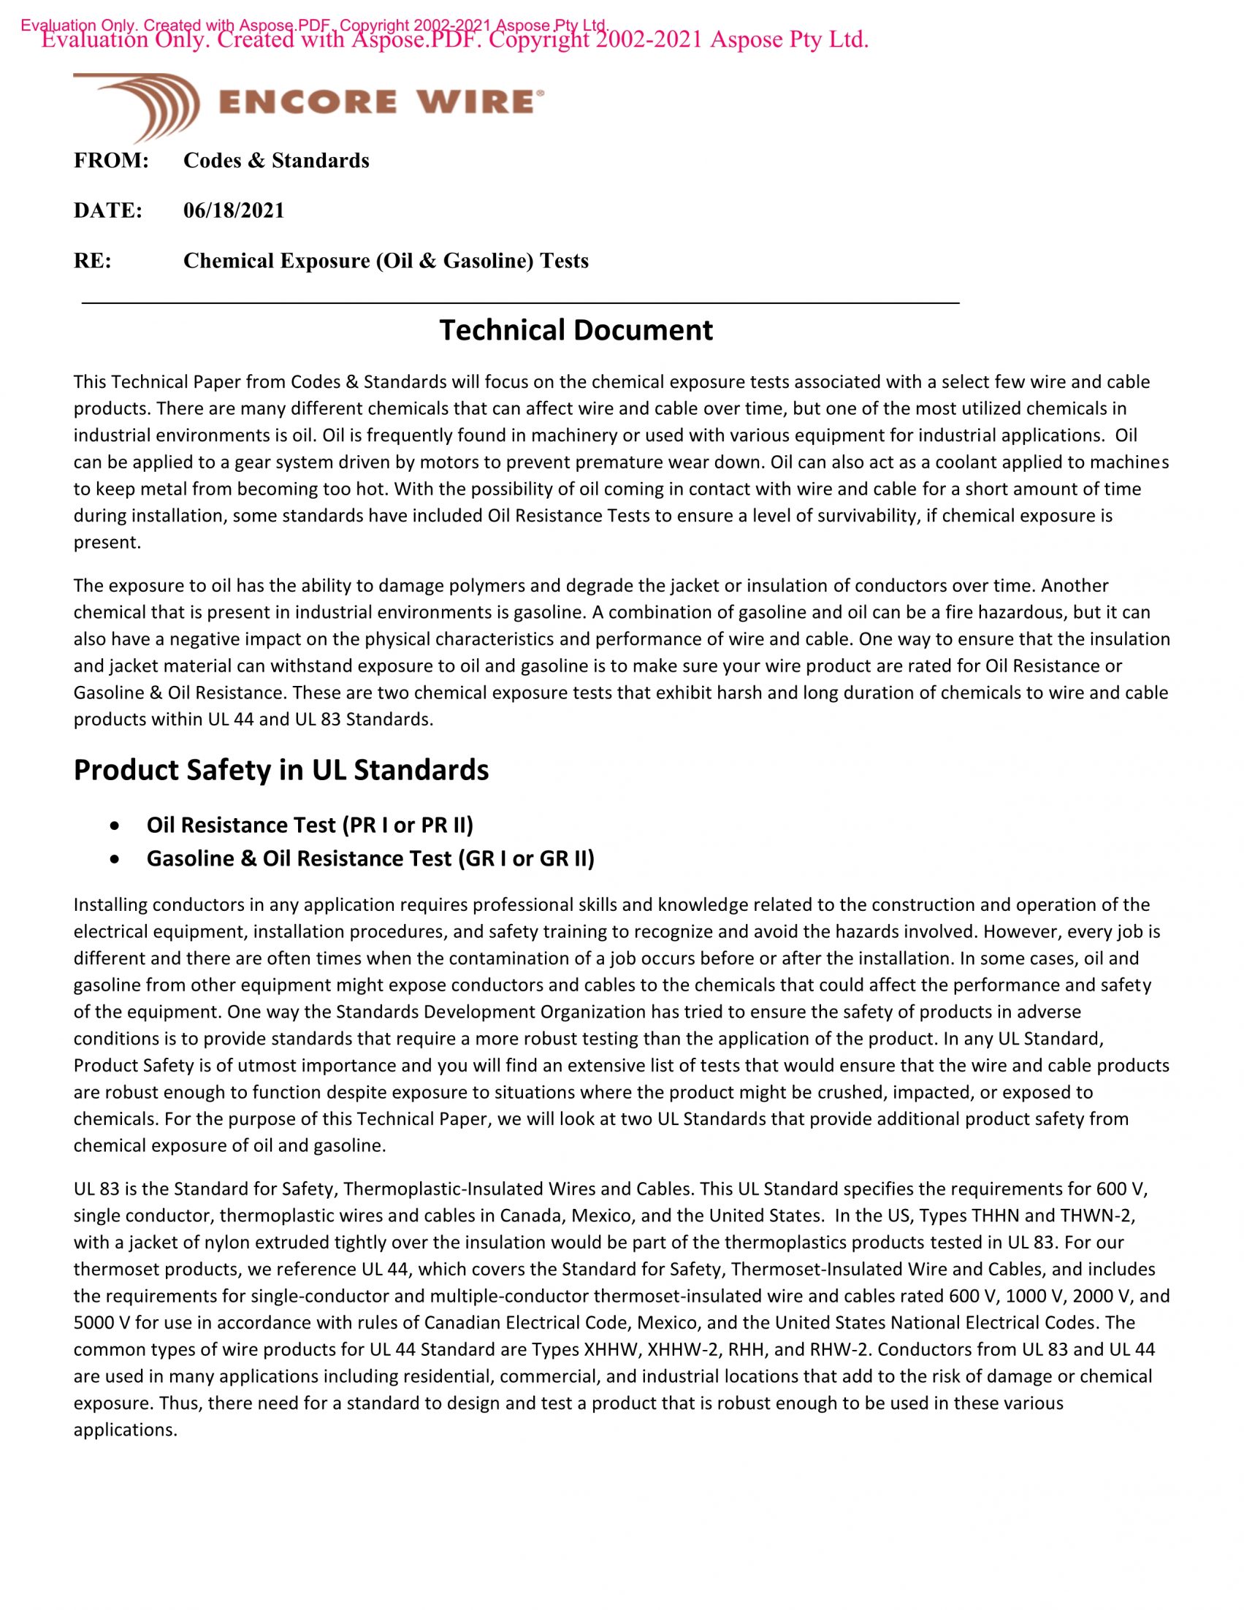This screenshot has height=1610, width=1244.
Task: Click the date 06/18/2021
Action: (234, 211)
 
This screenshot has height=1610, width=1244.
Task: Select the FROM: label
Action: (111, 161)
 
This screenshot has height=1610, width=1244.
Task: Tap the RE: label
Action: (92, 261)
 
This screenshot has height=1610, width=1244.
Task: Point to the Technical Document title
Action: (576, 330)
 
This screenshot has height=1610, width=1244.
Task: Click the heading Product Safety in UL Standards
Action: (281, 770)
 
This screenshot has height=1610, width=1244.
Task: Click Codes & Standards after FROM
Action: (276, 161)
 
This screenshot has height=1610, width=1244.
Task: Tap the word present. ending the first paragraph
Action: (107, 543)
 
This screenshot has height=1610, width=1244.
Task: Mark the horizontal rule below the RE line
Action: (520, 303)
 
